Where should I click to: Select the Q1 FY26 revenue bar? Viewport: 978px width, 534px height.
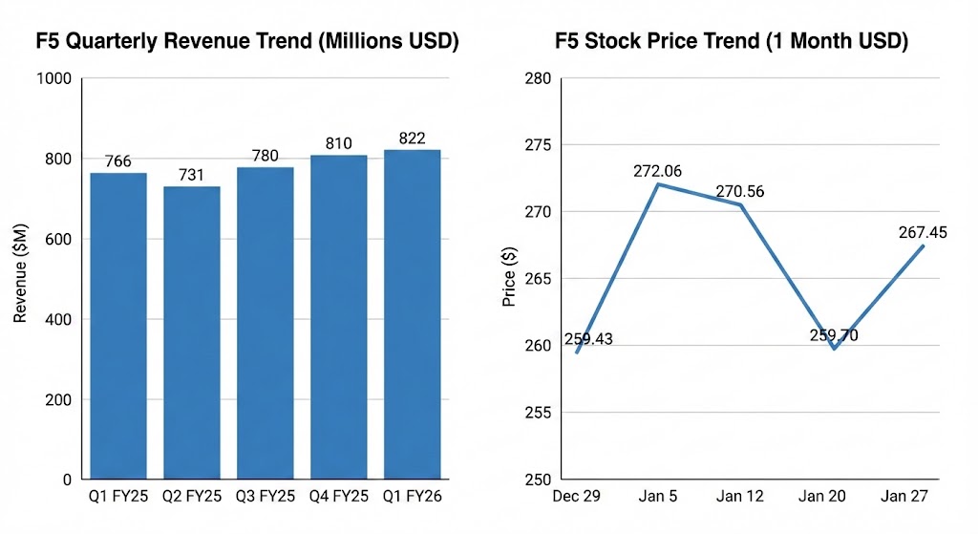412,314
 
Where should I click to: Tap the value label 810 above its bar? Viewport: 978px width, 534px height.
339,143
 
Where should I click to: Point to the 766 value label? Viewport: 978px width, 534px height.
118,161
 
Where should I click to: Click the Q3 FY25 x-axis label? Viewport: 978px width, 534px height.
266,497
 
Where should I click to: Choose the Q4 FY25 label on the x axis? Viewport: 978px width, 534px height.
339,497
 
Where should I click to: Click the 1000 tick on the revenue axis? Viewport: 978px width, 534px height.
54,78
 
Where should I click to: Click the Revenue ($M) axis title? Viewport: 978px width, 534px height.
20,278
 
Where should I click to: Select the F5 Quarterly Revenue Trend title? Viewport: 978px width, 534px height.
247,42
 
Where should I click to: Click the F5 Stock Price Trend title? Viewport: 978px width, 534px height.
732,42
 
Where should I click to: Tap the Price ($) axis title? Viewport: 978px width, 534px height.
509,278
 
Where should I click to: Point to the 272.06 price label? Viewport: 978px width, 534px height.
658,171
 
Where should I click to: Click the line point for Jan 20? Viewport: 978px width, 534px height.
834,349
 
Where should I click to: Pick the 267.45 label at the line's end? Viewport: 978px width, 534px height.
922,232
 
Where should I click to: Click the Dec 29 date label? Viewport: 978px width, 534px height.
576,497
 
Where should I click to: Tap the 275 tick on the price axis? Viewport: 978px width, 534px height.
538,145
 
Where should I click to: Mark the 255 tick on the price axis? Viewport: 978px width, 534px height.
538,413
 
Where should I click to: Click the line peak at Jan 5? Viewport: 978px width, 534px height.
659,184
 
